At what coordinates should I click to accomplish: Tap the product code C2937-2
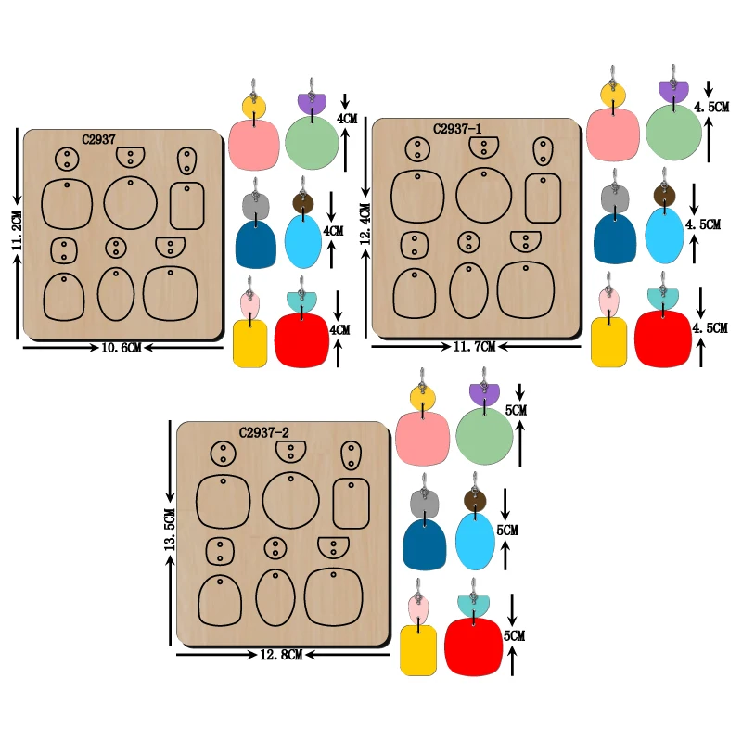point(264,432)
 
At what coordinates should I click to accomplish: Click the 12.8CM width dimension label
point(282,654)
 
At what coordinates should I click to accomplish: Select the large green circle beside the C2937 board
point(313,144)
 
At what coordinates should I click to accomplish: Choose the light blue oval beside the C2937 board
point(303,240)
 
